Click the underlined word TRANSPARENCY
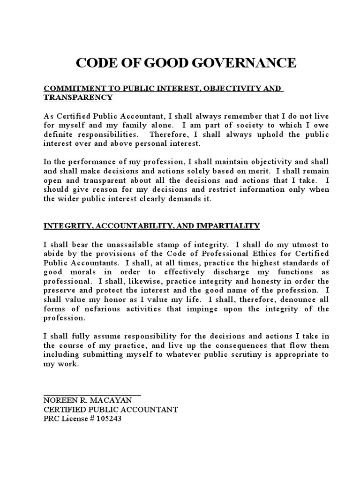point(78,97)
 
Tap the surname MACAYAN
point(113,400)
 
